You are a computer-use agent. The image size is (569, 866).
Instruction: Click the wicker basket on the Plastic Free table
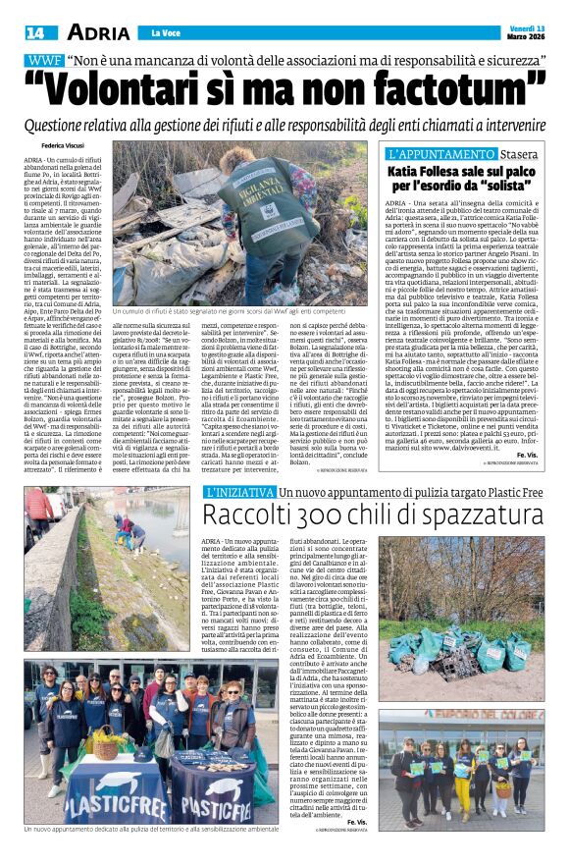click(x=104, y=747)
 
